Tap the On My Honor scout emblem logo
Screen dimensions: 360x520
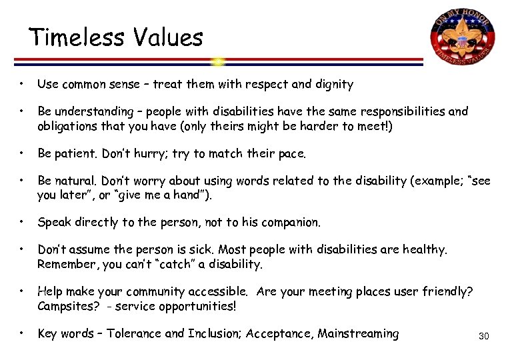(x=463, y=40)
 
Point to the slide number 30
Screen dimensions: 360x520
(x=483, y=336)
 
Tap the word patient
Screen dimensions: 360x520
(x=77, y=154)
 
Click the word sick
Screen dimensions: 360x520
(x=199, y=249)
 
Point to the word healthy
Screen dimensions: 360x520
(x=423, y=249)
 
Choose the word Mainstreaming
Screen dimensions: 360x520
(x=358, y=334)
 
